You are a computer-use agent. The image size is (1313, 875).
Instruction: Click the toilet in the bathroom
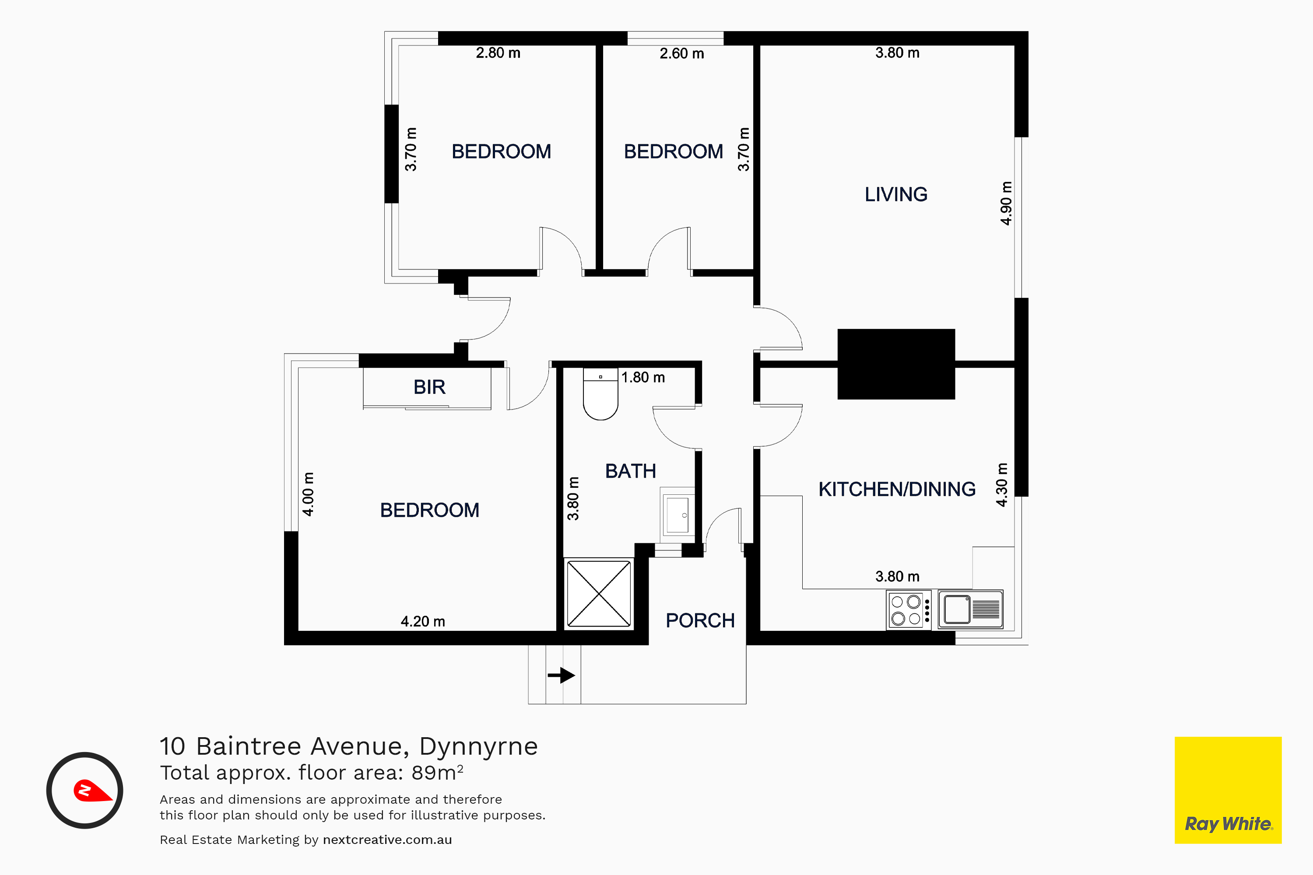tap(600, 393)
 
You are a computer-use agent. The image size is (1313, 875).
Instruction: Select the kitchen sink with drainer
tap(971, 609)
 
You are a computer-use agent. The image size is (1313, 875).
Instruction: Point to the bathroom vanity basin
tap(678, 514)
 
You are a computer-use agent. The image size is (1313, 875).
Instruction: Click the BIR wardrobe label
tap(429, 387)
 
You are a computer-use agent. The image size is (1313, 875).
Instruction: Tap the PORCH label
tap(700, 620)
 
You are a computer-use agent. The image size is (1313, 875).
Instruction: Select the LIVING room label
tap(896, 194)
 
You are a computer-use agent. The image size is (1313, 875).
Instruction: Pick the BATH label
tap(630, 471)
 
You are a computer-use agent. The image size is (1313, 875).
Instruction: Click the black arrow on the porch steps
tap(561, 675)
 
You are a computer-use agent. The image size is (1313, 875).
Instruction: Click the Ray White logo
tap(1228, 790)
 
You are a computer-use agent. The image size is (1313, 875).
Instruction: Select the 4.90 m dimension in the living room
tap(1006, 203)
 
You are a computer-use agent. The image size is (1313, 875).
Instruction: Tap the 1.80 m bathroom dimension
tap(643, 377)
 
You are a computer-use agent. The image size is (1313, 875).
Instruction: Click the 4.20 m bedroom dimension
tap(423, 621)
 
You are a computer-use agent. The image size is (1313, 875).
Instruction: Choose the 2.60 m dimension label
tap(681, 53)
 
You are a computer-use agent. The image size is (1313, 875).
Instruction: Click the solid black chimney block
tap(896, 364)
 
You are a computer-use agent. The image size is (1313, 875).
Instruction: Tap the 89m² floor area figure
tap(437, 772)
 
